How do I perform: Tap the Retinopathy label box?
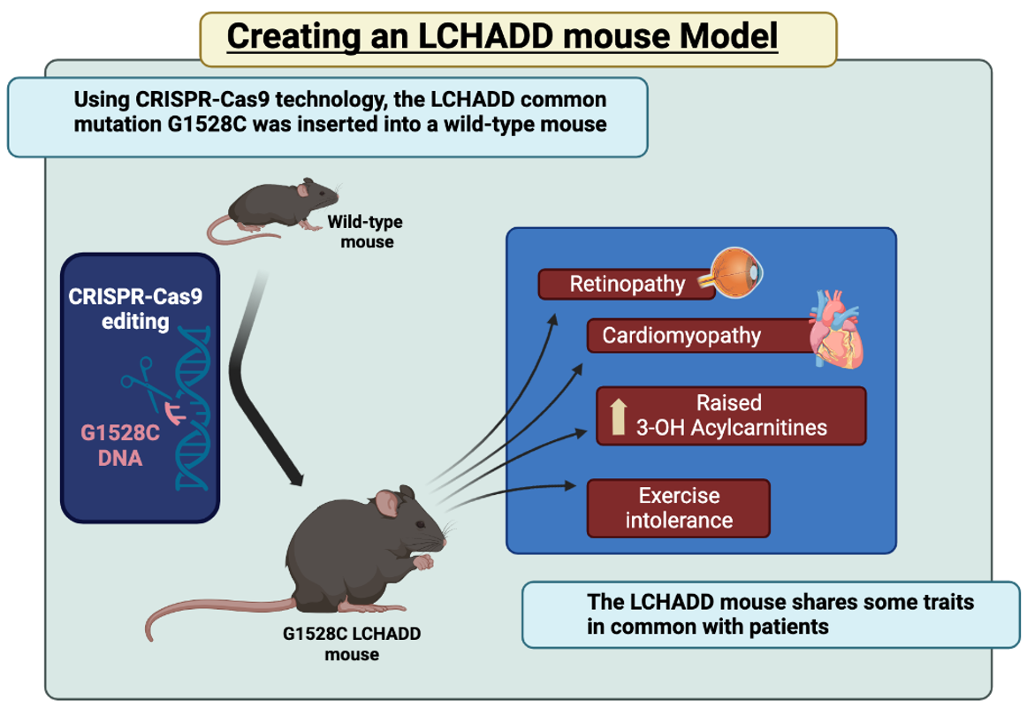[626, 285]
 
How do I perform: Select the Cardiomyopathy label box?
[698, 336]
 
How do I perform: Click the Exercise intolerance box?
[679, 507]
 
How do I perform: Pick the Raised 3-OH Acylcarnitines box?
[731, 415]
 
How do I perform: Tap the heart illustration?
[835, 331]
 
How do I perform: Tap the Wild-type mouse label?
[365, 232]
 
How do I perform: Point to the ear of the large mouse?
[387, 505]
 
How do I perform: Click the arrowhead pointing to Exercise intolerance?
[567, 484]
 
